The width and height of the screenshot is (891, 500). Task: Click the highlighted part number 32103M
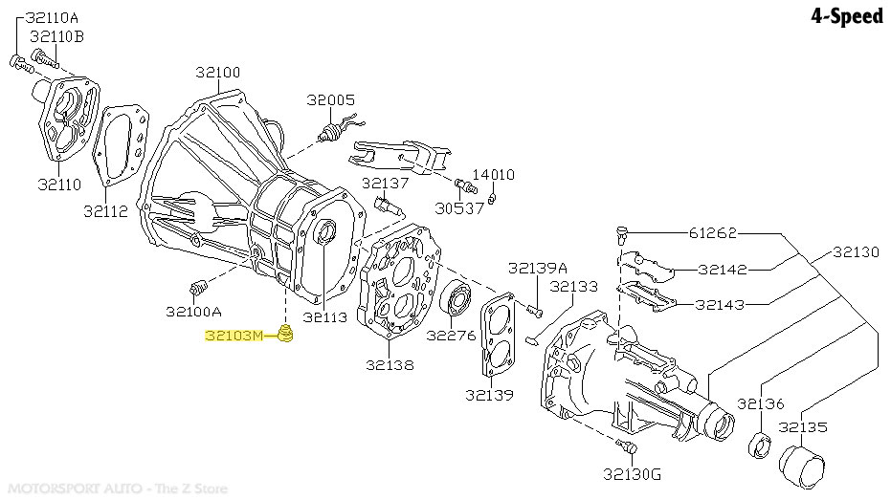pos(233,336)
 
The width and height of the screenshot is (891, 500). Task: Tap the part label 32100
pos(218,72)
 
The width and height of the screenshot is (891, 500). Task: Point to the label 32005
pos(330,99)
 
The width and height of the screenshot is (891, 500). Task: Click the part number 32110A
pos(53,17)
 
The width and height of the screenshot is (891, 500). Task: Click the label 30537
pos(460,208)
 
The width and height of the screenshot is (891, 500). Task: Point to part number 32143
pos(734,305)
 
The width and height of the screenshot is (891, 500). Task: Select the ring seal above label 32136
pos(760,443)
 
